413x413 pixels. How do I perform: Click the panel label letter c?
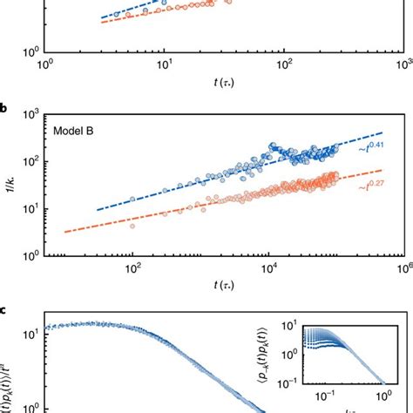coord(5,309)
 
